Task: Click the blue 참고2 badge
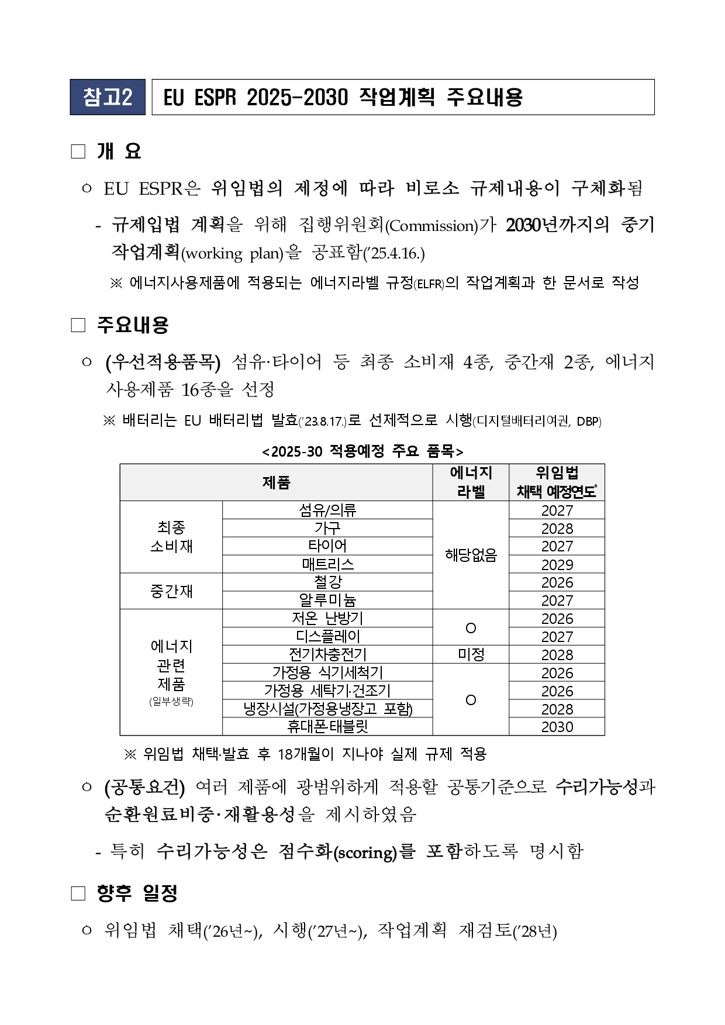(x=108, y=97)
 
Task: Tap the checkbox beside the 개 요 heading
(x=78, y=152)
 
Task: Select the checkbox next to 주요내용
(x=78, y=325)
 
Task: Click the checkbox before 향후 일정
(x=78, y=893)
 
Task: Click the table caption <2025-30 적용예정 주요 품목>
(x=362, y=451)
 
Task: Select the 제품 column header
(x=276, y=482)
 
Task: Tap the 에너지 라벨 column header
(x=471, y=482)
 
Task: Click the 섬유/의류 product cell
(x=327, y=510)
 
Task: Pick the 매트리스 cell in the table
(x=327, y=564)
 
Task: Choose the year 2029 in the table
(x=557, y=564)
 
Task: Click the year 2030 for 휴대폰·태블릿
(x=557, y=727)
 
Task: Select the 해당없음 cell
(x=471, y=555)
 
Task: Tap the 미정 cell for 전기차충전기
(x=471, y=654)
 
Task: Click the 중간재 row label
(x=171, y=591)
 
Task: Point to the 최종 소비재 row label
(x=171, y=537)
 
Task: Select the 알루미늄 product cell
(x=327, y=600)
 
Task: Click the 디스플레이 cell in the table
(x=327, y=636)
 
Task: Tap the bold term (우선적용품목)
(x=163, y=363)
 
